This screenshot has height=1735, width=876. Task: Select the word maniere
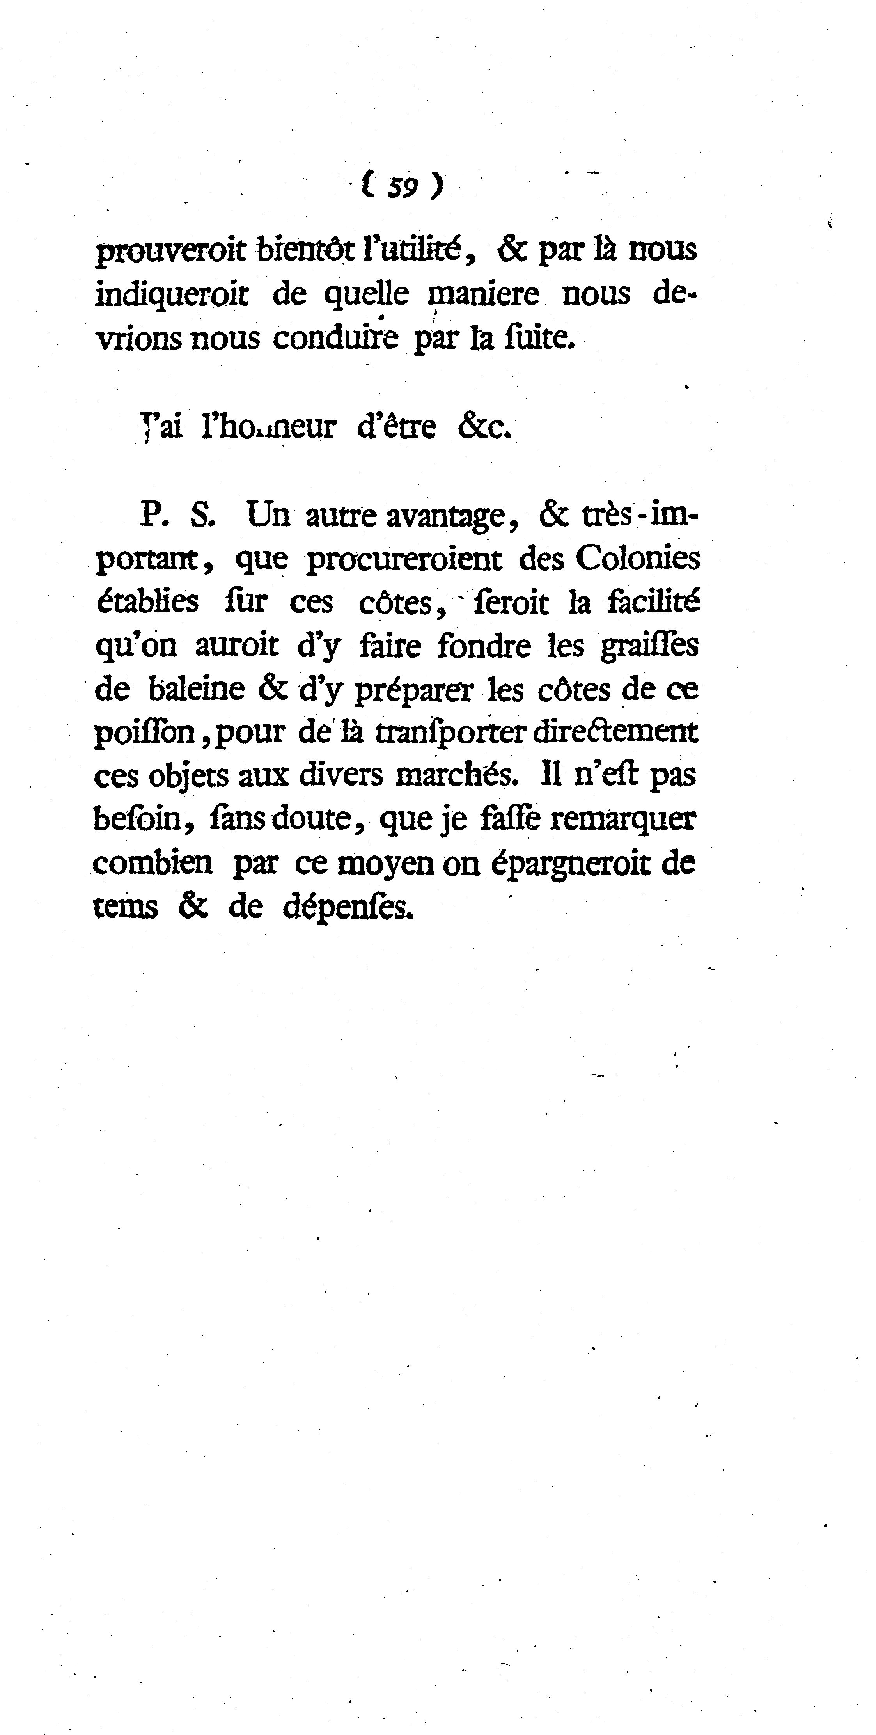pyautogui.click(x=484, y=294)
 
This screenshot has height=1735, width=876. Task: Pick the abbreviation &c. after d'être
pyautogui.click(x=484, y=427)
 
